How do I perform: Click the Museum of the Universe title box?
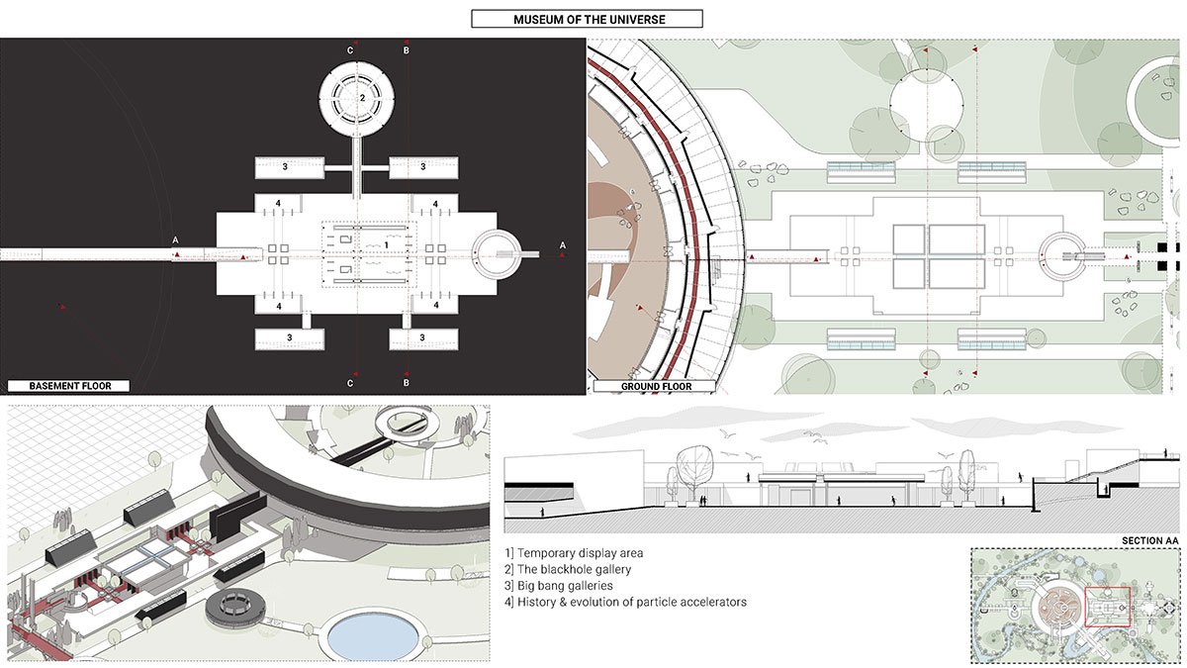pyautogui.click(x=588, y=19)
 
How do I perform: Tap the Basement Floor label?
pyautogui.click(x=69, y=386)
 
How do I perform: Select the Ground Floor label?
pyautogui.click(x=656, y=387)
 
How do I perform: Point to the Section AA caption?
pyautogui.click(x=1149, y=540)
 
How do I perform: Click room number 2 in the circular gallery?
pyautogui.click(x=362, y=98)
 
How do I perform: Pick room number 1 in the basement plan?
pyautogui.click(x=387, y=245)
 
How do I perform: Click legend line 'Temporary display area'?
pyautogui.click(x=574, y=553)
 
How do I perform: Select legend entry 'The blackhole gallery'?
pyautogui.click(x=568, y=569)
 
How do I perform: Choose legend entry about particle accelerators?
pyautogui.click(x=625, y=603)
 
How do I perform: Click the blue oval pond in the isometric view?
pyautogui.click(x=373, y=636)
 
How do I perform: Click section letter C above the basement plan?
pyautogui.click(x=350, y=50)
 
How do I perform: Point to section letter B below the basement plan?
pyautogui.click(x=406, y=382)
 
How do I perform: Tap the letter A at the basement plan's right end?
pyautogui.click(x=562, y=245)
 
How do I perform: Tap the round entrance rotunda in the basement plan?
pyautogui.click(x=497, y=253)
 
